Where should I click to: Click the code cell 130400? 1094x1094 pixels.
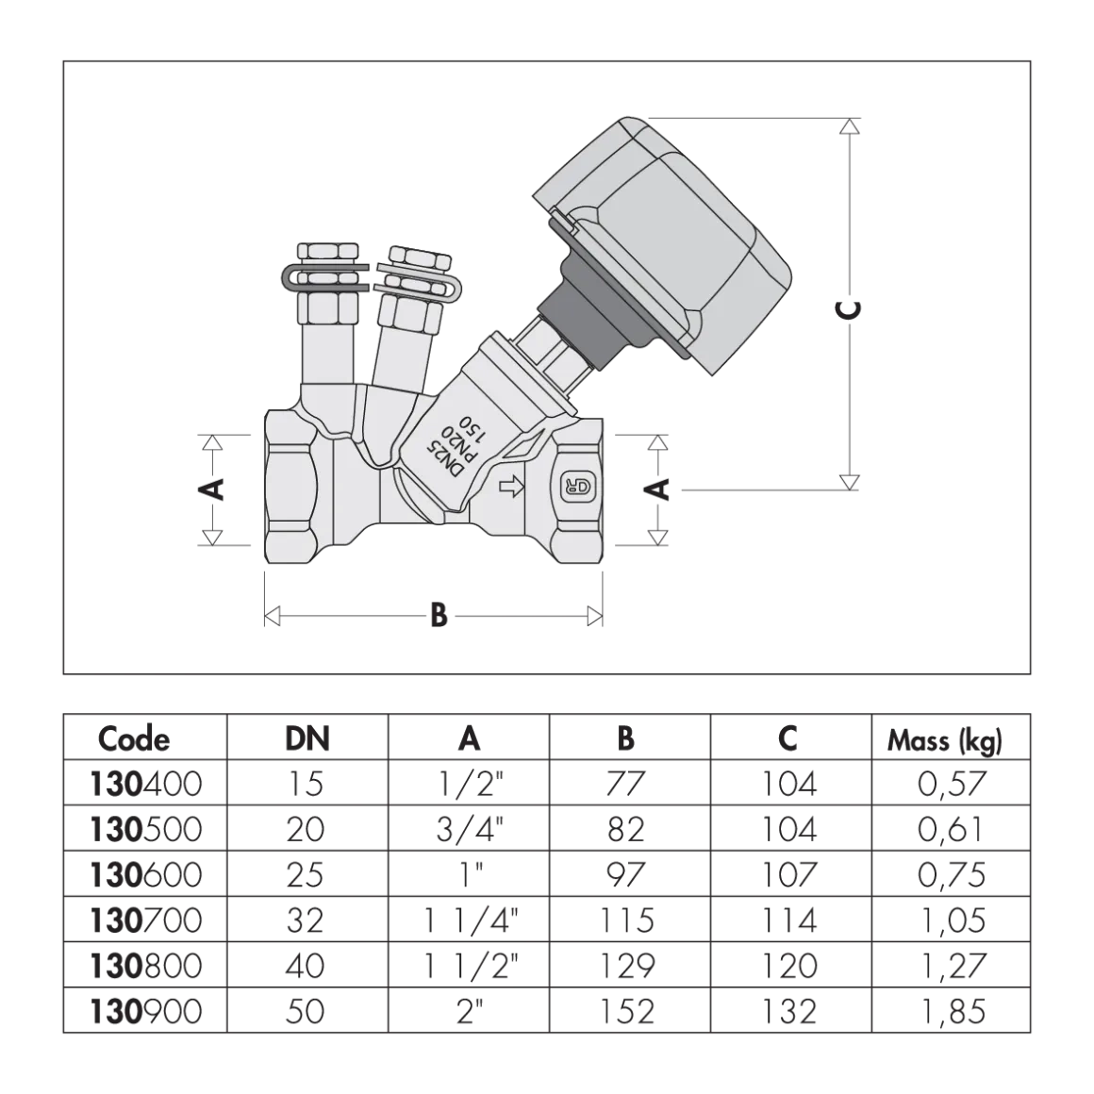tap(146, 784)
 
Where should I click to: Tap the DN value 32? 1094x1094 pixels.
tap(305, 920)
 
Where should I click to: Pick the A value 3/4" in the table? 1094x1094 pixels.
tap(470, 829)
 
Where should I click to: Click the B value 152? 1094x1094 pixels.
tap(626, 1011)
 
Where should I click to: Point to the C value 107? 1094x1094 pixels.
tap(788, 875)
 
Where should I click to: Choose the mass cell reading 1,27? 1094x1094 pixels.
tap(952, 966)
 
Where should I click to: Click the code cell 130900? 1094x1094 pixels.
tap(146, 1011)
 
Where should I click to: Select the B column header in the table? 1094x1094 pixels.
tap(626, 738)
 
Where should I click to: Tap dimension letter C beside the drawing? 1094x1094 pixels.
tap(849, 310)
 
